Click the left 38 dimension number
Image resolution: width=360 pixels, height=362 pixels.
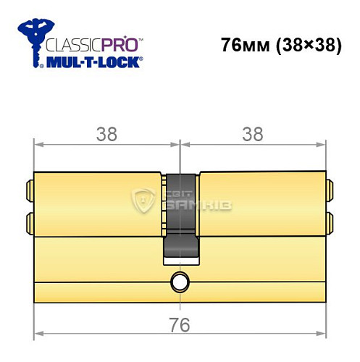[x=106, y=133]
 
